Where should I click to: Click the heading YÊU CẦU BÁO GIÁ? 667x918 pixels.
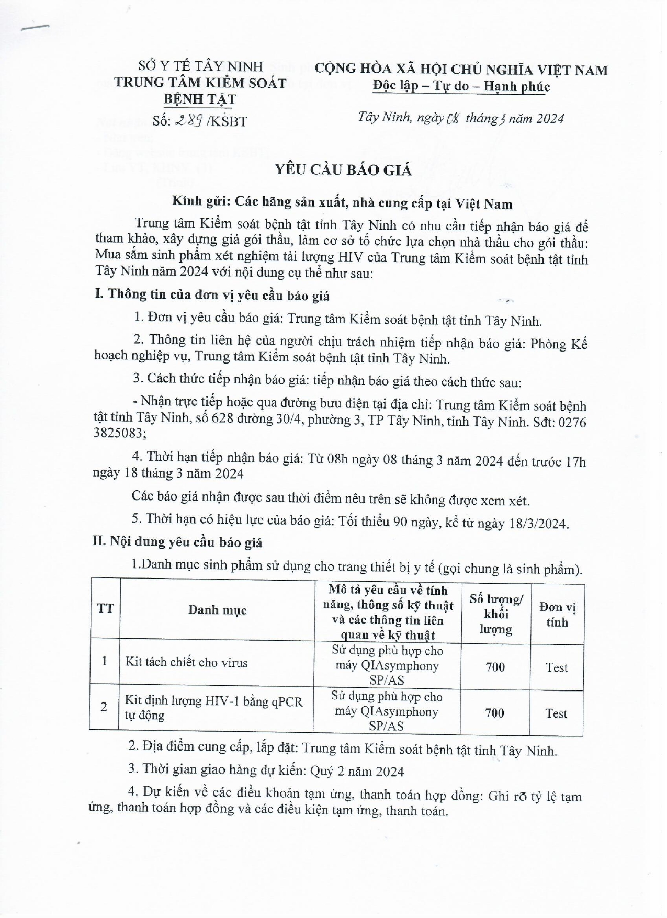tap(343, 171)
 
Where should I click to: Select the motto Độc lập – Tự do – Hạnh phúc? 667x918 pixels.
tap(461, 86)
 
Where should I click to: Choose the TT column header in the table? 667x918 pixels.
tap(105, 608)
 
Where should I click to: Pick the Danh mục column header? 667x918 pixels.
tap(217, 610)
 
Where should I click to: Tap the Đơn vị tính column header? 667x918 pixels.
tap(557, 615)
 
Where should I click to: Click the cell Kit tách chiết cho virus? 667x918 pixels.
tap(186, 663)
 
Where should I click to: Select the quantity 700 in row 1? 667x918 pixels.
tap(495, 667)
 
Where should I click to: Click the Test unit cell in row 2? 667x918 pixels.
tap(556, 713)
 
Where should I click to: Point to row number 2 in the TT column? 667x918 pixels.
tap(104, 707)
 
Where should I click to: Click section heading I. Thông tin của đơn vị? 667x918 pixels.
tap(212, 296)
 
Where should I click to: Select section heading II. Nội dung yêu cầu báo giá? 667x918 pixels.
tap(177, 542)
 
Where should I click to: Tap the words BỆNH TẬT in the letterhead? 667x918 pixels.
tap(200, 99)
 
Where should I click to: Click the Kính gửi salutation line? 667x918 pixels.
tap(343, 203)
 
